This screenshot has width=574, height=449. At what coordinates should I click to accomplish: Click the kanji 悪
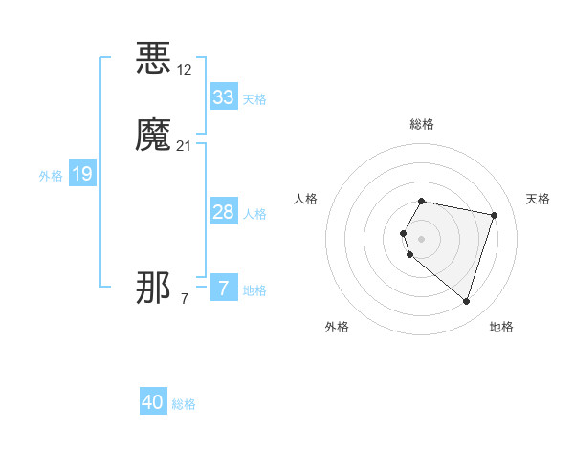pyautogui.click(x=154, y=58)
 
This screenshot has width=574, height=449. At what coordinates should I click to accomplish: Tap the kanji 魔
pyautogui.click(x=154, y=135)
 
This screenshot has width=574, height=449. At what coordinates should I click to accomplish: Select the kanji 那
pyautogui.click(x=154, y=288)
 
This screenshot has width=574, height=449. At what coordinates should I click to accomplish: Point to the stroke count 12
pyautogui.click(x=185, y=69)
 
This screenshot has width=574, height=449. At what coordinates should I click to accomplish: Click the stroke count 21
pyautogui.click(x=185, y=145)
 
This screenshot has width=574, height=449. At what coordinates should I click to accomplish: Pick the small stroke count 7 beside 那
pyautogui.click(x=185, y=299)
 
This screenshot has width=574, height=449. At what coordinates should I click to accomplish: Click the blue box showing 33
pyautogui.click(x=224, y=97)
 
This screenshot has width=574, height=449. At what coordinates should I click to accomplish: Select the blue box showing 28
pyautogui.click(x=224, y=212)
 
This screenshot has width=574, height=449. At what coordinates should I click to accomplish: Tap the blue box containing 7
pyautogui.click(x=224, y=288)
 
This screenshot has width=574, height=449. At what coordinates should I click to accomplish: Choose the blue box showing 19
pyautogui.click(x=82, y=174)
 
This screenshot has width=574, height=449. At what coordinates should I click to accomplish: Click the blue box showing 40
pyautogui.click(x=153, y=402)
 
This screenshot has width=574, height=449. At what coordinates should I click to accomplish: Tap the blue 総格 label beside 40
pyautogui.click(x=184, y=404)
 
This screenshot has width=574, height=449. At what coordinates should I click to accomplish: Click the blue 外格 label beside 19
pyautogui.click(x=51, y=176)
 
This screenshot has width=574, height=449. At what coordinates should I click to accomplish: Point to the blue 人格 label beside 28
pyautogui.click(x=255, y=214)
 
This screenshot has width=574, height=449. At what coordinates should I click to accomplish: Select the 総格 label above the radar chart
pyautogui.click(x=422, y=124)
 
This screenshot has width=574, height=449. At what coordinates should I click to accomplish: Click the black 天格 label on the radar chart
pyautogui.click(x=538, y=199)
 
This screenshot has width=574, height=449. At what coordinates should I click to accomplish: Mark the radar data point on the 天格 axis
pyautogui.click(x=494, y=215)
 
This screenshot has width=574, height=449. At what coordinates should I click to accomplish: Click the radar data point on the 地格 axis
pyautogui.click(x=466, y=301)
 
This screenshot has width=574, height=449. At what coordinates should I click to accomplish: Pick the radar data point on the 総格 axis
pyautogui.click(x=422, y=202)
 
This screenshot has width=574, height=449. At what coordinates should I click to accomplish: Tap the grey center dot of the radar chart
pyautogui.click(x=422, y=239)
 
